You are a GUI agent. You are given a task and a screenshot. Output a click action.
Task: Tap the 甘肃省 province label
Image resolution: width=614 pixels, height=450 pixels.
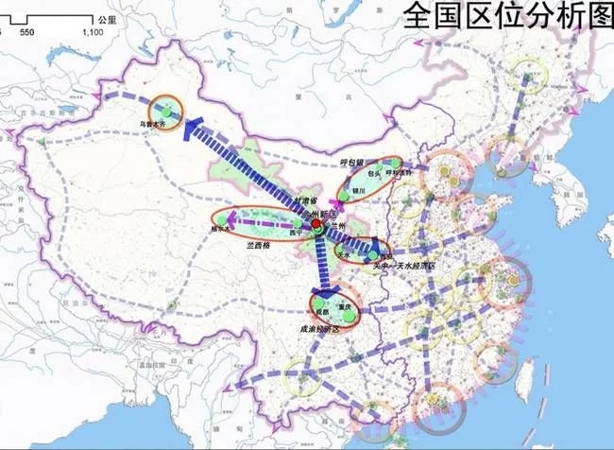point(281,201)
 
